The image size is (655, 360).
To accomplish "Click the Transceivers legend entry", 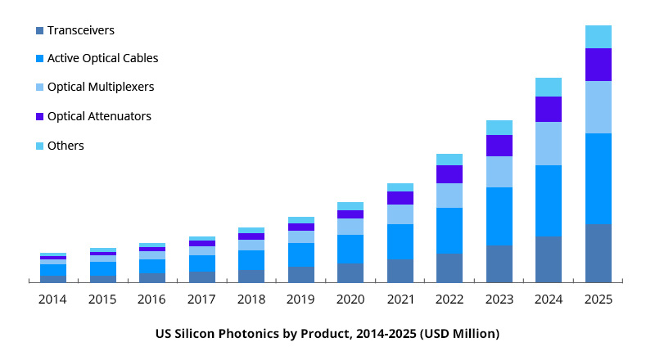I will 80,30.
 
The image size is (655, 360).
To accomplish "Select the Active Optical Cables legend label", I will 102,58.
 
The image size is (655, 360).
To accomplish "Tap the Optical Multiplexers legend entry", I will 100,87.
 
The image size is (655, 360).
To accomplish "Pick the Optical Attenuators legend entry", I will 99,116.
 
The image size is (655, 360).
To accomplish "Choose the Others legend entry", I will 65,146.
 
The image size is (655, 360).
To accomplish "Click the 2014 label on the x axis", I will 53,300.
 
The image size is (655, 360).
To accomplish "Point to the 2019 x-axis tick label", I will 301,300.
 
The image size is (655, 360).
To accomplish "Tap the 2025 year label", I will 599,300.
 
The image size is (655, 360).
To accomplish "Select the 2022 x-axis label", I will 449,300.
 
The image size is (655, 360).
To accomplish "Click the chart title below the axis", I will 327,334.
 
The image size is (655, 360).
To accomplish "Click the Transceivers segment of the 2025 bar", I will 599,253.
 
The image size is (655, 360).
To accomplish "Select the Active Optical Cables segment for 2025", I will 599,178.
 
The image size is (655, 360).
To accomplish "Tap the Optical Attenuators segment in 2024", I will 549,109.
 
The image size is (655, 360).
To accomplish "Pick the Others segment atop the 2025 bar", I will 599,37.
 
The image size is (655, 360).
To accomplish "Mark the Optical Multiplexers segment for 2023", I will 499,172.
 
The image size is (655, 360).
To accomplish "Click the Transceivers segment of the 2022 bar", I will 449,268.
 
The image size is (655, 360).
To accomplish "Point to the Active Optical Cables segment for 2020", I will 350,249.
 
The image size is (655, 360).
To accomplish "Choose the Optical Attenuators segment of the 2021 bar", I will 400,198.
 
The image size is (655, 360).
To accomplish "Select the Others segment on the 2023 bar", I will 499,128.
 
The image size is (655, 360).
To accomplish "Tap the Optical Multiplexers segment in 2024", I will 549,143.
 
